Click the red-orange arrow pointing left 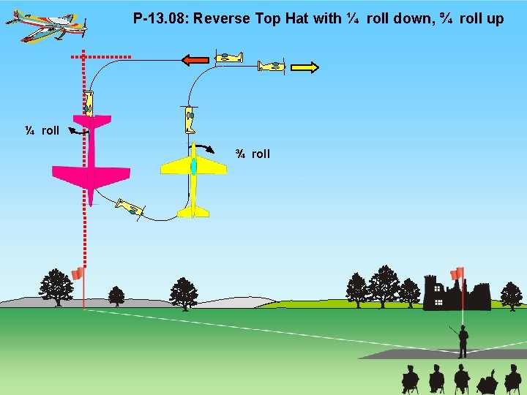[195, 59]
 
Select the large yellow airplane [193, 176]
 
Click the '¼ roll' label [42, 130]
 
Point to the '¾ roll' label [253, 154]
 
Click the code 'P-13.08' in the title [159, 18]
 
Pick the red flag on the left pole [77, 274]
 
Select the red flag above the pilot [457, 274]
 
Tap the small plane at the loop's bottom [130, 208]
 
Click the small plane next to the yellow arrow [272, 67]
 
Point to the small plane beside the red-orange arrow [229, 57]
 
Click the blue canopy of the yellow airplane [193, 166]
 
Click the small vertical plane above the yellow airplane [190, 118]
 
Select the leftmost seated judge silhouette [411, 379]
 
